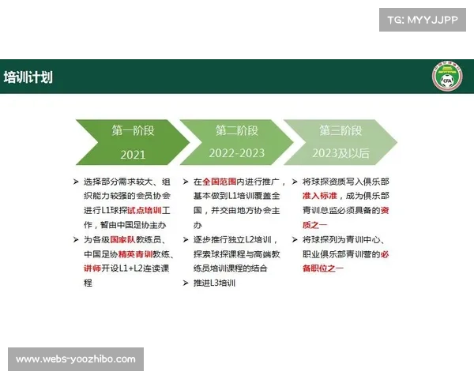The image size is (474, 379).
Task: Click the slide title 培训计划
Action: pos(28,77)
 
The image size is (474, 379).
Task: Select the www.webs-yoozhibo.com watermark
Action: pos(76,359)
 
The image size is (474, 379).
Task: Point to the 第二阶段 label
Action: pos(237,130)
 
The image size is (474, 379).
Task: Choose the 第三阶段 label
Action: pos(340,130)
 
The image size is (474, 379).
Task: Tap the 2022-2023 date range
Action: pos(237,153)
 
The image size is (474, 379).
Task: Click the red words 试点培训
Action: pos(145,210)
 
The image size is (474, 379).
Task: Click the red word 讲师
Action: pos(92,269)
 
